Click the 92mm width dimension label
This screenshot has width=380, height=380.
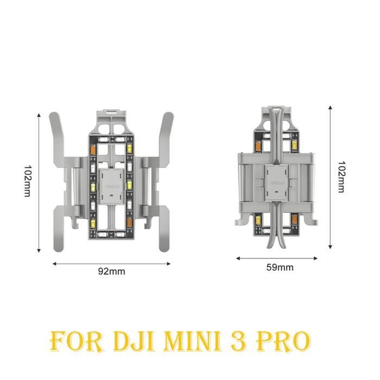pyautogui.click(x=111, y=271)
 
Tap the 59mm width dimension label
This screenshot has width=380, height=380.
pyautogui.click(x=280, y=267)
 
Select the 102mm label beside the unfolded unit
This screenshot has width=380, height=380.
pyautogui.click(x=28, y=181)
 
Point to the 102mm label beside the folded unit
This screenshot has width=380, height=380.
pyautogui.click(x=341, y=176)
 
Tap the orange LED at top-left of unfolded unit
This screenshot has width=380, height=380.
pyautogui.click(x=93, y=149)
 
